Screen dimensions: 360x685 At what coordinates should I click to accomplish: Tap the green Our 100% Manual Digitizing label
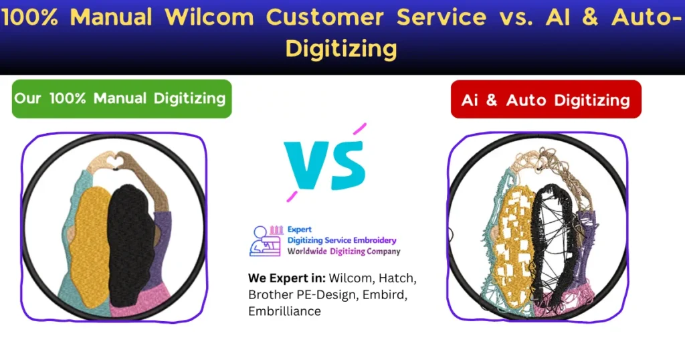120,98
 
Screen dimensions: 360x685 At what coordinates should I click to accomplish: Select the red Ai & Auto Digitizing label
545,100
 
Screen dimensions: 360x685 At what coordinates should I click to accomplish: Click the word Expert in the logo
299,230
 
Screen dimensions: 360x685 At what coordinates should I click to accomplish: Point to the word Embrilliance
284,311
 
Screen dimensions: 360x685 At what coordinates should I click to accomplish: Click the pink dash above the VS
359,128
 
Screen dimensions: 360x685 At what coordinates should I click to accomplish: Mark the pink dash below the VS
292,195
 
